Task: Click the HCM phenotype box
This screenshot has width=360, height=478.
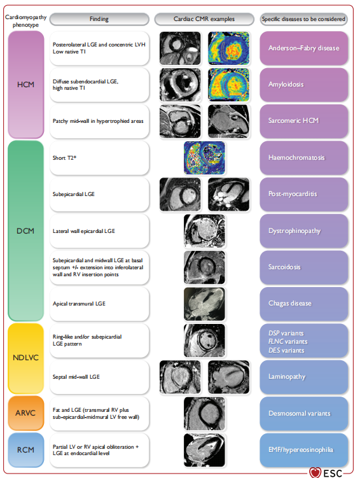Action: [26, 85]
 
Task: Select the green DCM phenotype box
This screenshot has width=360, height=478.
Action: [26, 231]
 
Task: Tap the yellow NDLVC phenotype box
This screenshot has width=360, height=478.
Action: [26, 358]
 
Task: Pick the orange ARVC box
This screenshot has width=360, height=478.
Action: [26, 413]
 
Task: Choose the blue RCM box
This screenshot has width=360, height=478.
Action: [26, 449]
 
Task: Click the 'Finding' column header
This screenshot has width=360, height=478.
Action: [99, 19]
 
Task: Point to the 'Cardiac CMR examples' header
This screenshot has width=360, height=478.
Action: [204, 19]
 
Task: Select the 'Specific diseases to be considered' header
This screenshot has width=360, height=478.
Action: [303, 19]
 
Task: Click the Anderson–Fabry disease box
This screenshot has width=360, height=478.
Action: [303, 48]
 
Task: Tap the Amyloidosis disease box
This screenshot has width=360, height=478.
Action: [303, 85]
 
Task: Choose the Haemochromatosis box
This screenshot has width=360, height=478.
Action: [303, 158]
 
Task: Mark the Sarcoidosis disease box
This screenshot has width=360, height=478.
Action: [303, 267]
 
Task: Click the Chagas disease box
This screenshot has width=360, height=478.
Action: [303, 304]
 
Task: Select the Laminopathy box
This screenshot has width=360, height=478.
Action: [303, 377]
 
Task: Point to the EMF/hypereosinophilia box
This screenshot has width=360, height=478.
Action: [303, 449]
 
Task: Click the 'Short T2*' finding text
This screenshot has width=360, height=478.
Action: [64, 158]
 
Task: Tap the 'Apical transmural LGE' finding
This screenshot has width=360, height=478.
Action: [79, 304]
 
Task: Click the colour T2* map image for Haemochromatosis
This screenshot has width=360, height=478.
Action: [204, 158]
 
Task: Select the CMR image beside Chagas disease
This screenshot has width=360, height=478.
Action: [204, 304]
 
